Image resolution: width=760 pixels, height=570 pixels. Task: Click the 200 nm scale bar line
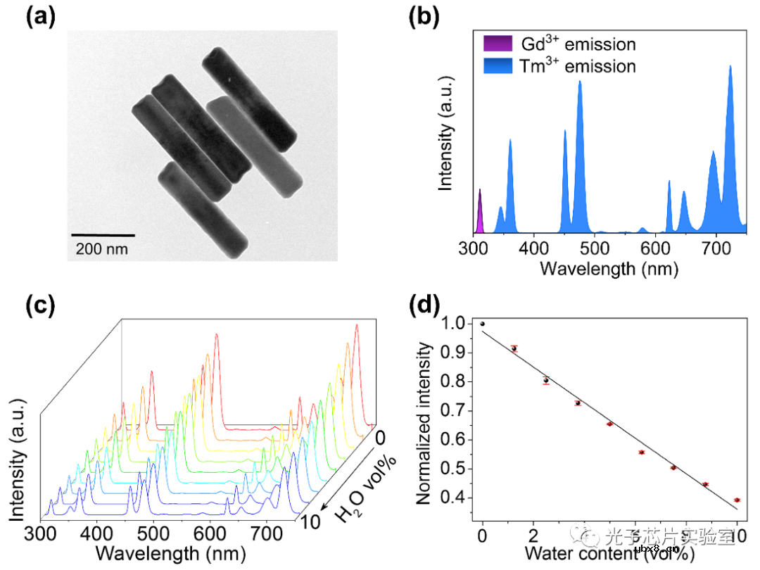click(103, 234)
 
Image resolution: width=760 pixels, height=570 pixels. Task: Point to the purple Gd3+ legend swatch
click(493, 44)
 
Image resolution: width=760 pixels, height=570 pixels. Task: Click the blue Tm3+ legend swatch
click(493, 66)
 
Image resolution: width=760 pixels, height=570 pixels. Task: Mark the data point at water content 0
click(482, 324)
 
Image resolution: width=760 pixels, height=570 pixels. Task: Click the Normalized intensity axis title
click(424, 423)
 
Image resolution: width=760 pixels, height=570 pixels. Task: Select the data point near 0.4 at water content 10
click(737, 500)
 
